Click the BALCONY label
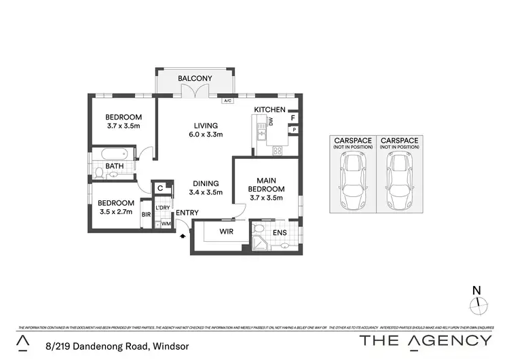click(x=195, y=79)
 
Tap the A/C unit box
click(x=228, y=101)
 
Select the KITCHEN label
click(x=269, y=109)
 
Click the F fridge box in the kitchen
click(x=293, y=118)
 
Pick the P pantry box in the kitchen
click(x=293, y=130)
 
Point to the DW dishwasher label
click(x=270, y=122)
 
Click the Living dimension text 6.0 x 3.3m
click(x=205, y=134)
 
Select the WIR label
click(x=227, y=232)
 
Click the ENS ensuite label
click(x=279, y=232)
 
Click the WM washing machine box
click(x=165, y=223)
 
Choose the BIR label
click(x=145, y=215)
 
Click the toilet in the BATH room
click(x=98, y=174)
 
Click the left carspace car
click(x=352, y=181)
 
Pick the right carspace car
click(x=399, y=181)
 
